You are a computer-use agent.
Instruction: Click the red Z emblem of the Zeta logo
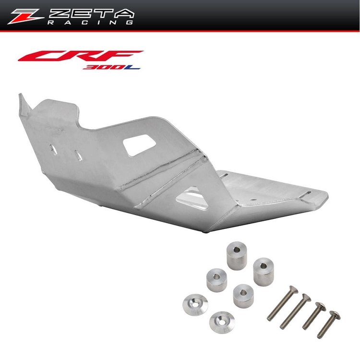tap(25, 16)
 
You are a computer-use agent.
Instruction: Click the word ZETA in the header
tap(91, 13)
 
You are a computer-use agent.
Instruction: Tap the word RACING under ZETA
tap(90, 22)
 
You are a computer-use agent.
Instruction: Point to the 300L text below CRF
tap(111, 67)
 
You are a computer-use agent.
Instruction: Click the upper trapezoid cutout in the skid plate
tap(139, 145)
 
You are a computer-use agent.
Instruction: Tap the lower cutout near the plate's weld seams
tap(192, 198)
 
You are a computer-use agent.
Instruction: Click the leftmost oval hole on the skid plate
tap(53, 150)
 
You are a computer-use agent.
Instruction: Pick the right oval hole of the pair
tap(78, 156)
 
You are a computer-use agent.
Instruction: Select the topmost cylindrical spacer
tap(237, 255)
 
